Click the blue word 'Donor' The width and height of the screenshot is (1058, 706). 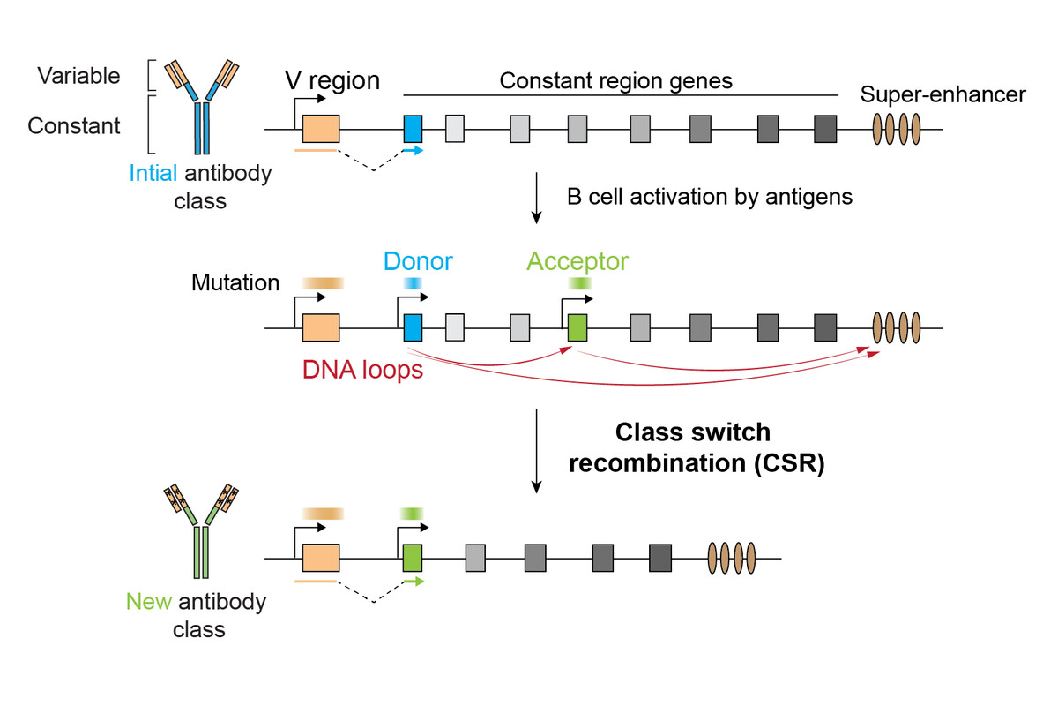pyautogui.click(x=418, y=261)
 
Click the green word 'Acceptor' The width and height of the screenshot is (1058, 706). pyautogui.click(x=577, y=262)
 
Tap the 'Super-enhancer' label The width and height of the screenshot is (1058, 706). pyautogui.click(x=943, y=94)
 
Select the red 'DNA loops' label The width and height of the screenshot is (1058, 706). pyautogui.click(x=362, y=370)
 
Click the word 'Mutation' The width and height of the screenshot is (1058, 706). pyautogui.click(x=235, y=282)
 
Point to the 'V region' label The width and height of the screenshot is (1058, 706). pyautogui.click(x=332, y=81)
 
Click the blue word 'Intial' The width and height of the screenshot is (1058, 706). pyautogui.click(x=153, y=173)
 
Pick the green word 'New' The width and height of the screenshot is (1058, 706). pyautogui.click(x=149, y=602)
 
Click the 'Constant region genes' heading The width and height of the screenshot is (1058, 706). pyautogui.click(x=616, y=81)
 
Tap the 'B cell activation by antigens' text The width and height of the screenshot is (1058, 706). pyautogui.click(x=710, y=197)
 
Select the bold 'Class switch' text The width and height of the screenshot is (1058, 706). pyautogui.click(x=693, y=432)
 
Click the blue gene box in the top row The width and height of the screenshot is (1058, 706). pyautogui.click(x=413, y=129)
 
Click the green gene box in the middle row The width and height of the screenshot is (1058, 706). pyautogui.click(x=577, y=327)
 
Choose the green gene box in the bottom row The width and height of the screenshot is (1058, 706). pyautogui.click(x=413, y=558)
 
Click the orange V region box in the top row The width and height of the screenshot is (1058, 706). pyautogui.click(x=321, y=129)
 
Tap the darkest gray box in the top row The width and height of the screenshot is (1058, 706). pyautogui.click(x=825, y=129)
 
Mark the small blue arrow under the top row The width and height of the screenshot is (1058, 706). pyautogui.click(x=413, y=151)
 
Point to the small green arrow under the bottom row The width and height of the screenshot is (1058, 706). pyautogui.click(x=414, y=582)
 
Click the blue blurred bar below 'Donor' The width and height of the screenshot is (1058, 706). pyautogui.click(x=413, y=283)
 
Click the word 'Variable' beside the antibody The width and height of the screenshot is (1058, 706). pyautogui.click(x=78, y=76)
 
